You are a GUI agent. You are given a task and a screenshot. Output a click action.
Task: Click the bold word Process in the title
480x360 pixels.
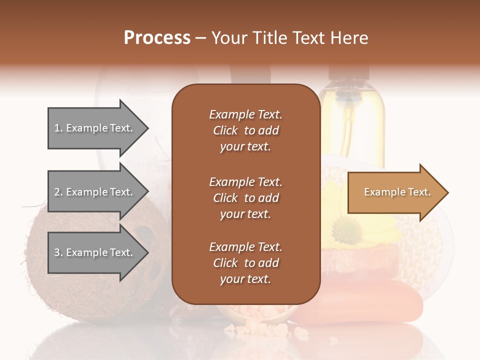click(157, 37)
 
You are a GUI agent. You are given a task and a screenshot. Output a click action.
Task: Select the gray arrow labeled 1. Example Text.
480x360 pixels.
click(95, 128)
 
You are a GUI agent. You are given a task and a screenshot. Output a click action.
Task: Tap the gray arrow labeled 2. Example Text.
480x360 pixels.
click(95, 192)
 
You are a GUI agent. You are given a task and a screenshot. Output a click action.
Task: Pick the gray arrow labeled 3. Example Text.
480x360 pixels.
click(95, 252)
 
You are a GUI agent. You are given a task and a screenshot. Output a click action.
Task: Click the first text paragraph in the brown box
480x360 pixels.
click(245, 130)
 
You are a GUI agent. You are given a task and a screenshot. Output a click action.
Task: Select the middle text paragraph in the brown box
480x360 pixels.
click(245, 198)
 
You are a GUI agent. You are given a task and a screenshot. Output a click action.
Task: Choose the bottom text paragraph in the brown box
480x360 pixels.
click(245, 263)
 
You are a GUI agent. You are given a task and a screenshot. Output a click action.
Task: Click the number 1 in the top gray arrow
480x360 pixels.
click(56, 128)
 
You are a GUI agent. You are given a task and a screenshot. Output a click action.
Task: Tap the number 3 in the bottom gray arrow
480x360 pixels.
click(56, 252)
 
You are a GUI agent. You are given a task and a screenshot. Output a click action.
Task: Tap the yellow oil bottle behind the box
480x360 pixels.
click(352, 120)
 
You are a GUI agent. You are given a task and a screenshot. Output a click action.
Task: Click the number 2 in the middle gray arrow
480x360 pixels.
click(56, 192)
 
